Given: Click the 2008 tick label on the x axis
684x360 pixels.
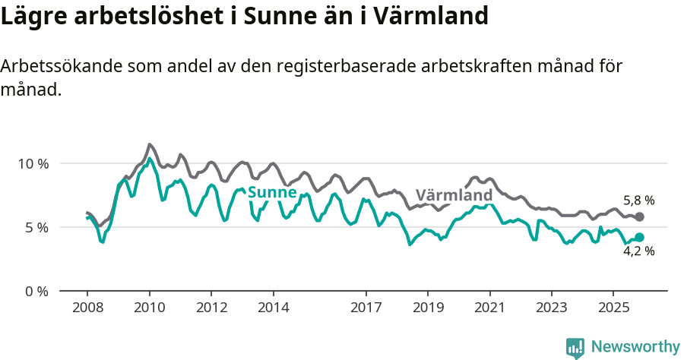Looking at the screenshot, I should point(87,308).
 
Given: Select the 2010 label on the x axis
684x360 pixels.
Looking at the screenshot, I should point(149,308).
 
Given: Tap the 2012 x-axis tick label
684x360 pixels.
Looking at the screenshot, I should point(211,308).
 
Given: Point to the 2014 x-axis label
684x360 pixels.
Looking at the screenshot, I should point(273,308).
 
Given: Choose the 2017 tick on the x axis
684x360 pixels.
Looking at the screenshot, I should point(366,308).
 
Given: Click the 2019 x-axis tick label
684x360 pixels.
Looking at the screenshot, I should point(428,308).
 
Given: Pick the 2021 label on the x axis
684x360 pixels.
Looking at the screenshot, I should point(490,308).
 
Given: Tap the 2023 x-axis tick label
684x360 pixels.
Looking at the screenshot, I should point(552,308).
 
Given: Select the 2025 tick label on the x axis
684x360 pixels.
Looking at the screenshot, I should point(614,308).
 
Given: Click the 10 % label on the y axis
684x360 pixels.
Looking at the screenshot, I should point(33,163).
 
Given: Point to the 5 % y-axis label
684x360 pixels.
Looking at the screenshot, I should point(36,227).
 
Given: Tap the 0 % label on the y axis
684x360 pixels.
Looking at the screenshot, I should point(36,291).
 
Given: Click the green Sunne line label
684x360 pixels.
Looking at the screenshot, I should point(271,192).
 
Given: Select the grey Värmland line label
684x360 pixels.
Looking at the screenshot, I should point(454,194).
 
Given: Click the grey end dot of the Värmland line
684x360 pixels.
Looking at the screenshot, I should point(639,217).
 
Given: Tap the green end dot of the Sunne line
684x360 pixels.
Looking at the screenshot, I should point(639,237).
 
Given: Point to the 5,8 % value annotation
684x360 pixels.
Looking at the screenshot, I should point(638,201).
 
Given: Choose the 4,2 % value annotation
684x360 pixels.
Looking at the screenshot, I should point(638,251).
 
